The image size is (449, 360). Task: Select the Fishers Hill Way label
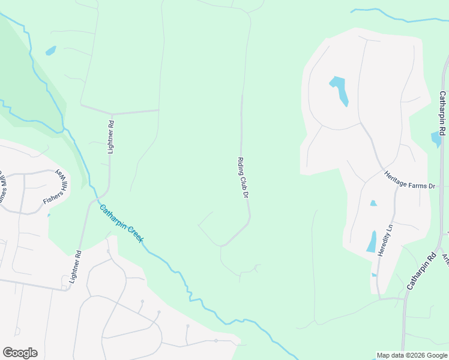56,188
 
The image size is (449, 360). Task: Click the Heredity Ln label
385,241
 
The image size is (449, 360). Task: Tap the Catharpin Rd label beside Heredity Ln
421,272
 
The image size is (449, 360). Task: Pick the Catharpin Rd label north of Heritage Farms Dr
442,112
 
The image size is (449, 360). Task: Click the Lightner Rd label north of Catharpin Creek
110,137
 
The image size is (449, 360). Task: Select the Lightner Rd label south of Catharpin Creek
74,266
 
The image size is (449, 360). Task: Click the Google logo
20,353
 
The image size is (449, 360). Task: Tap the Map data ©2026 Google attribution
412,355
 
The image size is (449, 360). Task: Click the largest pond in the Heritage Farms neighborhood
339,89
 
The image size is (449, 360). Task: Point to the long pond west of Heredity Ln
372,242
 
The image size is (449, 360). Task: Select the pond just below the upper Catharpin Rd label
436,139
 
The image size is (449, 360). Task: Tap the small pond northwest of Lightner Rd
50,50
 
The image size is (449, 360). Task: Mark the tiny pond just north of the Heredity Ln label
373,203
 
